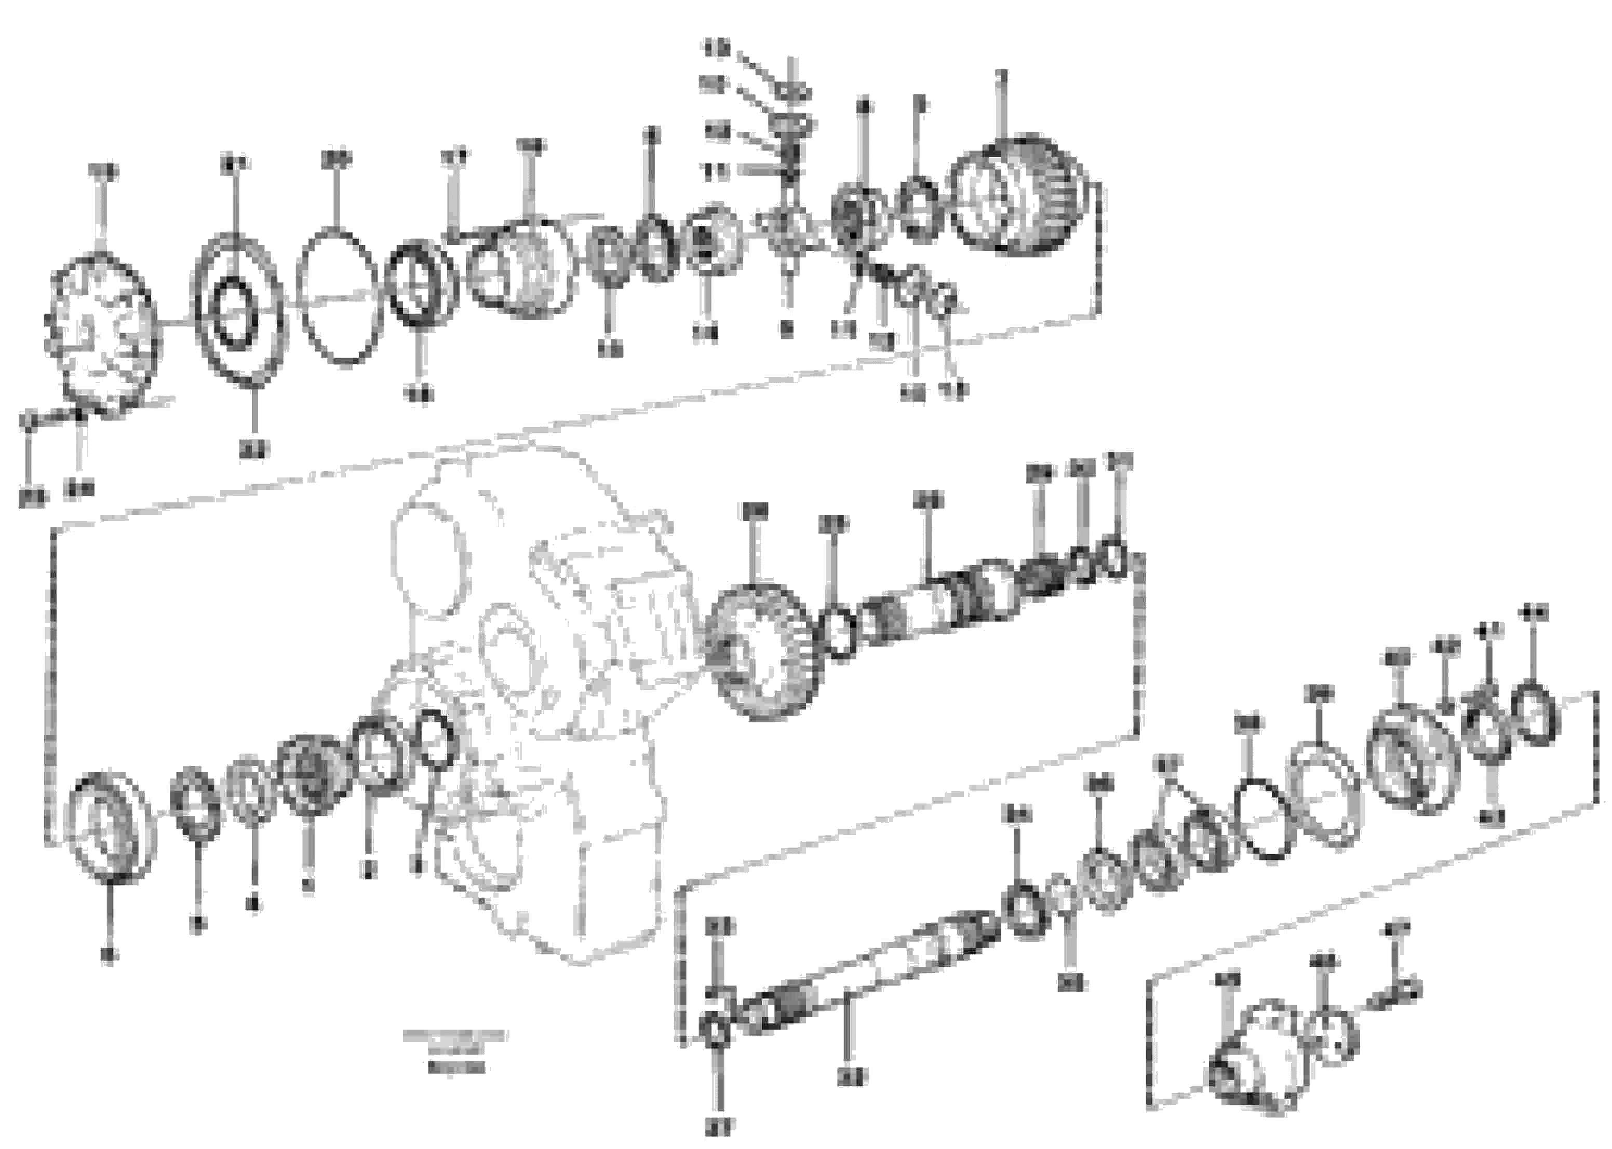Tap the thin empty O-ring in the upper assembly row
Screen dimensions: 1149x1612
[x=339, y=297]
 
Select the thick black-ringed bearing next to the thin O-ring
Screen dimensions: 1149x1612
[x=421, y=284]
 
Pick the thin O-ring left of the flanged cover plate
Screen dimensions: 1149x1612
[x=1261, y=820]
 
